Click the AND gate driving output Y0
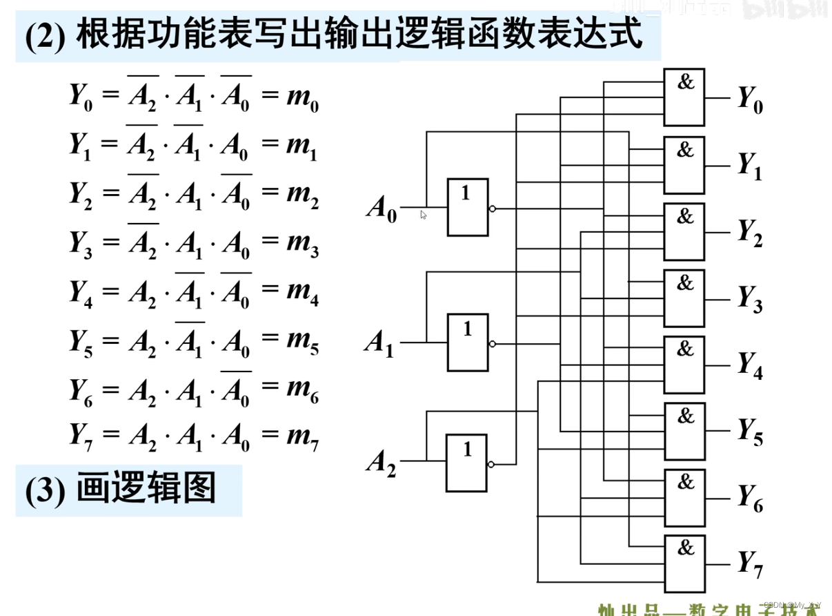pyautogui.click(x=684, y=97)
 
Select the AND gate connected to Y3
pyautogui.click(x=684, y=298)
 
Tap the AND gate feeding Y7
pyautogui.click(x=684, y=564)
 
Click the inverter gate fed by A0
pyautogui.click(x=467, y=207)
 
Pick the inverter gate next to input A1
pyautogui.click(x=467, y=343)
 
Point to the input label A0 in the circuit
pyautogui.click(x=381, y=209)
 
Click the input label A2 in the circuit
pyautogui.click(x=381, y=462)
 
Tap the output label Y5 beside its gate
pyautogui.click(x=750, y=432)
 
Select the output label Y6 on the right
pyautogui.click(x=750, y=498)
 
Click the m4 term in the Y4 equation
pyautogui.click(x=302, y=293)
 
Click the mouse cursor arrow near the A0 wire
pyautogui.click(x=424, y=215)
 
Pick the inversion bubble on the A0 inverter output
pyautogui.click(x=492, y=208)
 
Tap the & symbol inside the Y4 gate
pyautogui.click(x=685, y=349)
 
